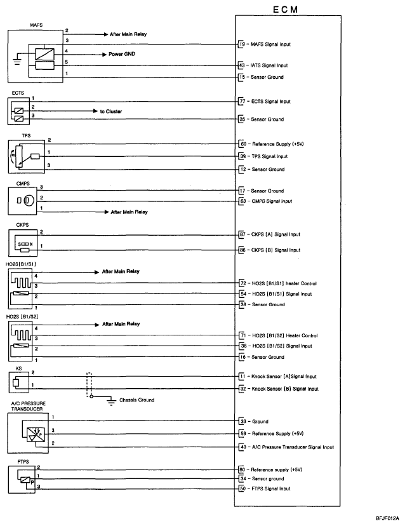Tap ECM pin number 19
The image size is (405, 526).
pyautogui.click(x=242, y=44)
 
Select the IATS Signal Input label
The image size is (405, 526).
pyautogui.click(x=270, y=65)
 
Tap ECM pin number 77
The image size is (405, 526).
pyautogui.click(x=242, y=101)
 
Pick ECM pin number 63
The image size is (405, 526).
pyautogui.click(x=242, y=201)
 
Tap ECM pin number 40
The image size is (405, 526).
pyautogui.click(x=242, y=447)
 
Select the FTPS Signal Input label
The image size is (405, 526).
pyautogui.click(x=270, y=489)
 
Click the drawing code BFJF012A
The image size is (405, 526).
pyautogui.click(x=388, y=519)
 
